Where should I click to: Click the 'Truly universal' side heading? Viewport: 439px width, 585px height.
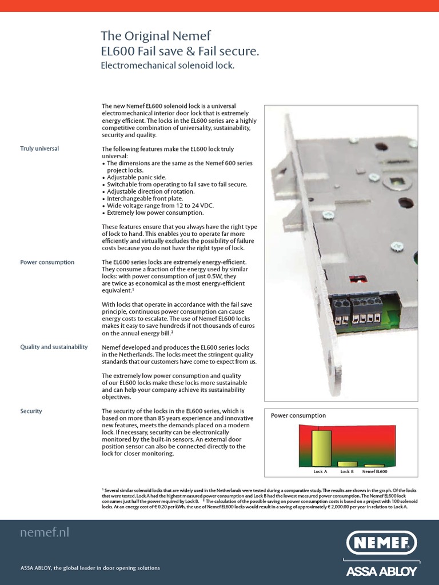pyautogui.click(x=39, y=149)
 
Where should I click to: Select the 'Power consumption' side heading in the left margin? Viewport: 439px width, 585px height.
pyautogui.click(x=47, y=262)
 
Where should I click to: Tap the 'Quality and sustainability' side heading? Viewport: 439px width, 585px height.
pyautogui.click(x=54, y=347)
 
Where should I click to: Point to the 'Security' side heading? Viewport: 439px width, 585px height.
pyautogui.click(x=31, y=411)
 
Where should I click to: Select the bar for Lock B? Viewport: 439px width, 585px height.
pyautogui.click(x=347, y=464)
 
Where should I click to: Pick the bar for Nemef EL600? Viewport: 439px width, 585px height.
pyautogui.click(x=374, y=466)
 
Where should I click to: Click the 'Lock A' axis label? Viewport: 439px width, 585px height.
pyautogui.click(x=321, y=472)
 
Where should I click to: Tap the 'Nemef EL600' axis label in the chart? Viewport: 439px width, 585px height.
pyautogui.click(x=374, y=472)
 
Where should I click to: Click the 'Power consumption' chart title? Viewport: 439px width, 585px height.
pyautogui.click(x=298, y=415)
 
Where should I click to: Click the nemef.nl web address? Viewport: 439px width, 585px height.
pyautogui.click(x=45, y=532)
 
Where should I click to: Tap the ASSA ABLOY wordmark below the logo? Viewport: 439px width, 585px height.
pyautogui.click(x=382, y=570)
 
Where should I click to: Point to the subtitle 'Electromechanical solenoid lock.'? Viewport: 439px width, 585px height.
pyautogui.click(x=167, y=66)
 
